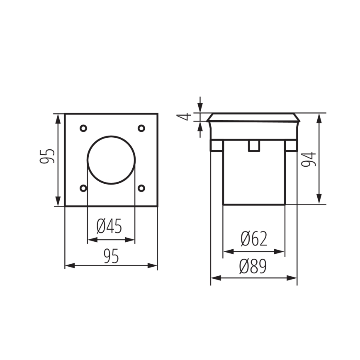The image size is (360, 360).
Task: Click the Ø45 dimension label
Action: pos(109,226)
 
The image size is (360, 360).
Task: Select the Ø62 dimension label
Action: pos(253,239)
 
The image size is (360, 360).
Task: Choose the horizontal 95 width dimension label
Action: pos(111,257)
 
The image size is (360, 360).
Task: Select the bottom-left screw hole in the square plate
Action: pos(83,188)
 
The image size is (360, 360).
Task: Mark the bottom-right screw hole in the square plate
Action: pos(141,188)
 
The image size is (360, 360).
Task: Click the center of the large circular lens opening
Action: pos(111,160)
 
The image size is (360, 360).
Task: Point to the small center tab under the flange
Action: pos(254,146)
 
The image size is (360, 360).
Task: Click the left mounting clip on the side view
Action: pos(216,146)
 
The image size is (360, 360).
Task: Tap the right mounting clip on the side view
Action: pos(291,146)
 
